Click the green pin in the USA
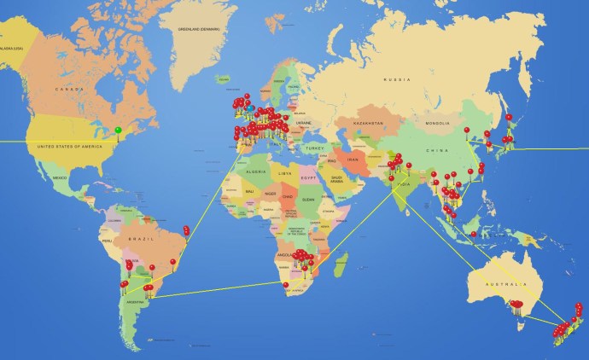119,131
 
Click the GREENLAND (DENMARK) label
198,29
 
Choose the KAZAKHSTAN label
370,124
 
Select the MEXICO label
60,177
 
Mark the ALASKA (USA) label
10,49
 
